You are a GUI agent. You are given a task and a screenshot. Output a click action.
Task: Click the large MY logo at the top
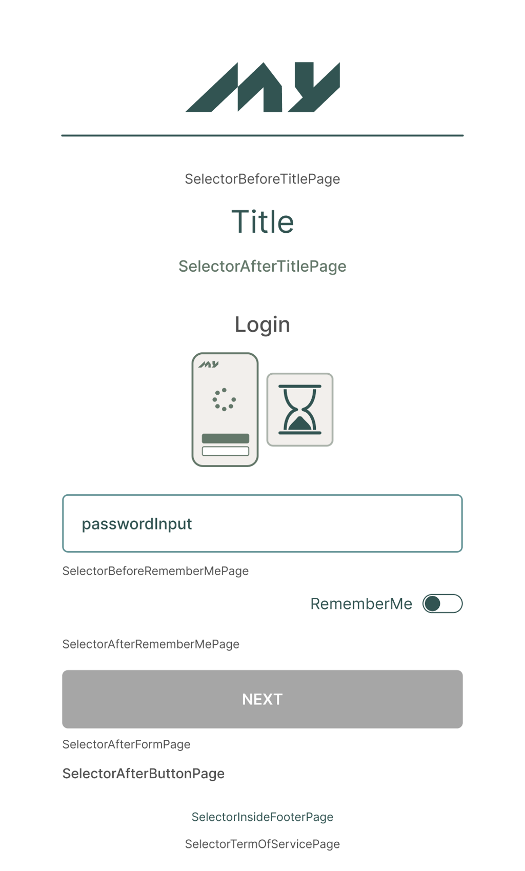click(x=262, y=87)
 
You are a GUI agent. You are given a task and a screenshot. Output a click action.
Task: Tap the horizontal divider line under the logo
click(x=262, y=135)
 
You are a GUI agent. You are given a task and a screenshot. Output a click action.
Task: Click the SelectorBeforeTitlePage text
click(x=262, y=179)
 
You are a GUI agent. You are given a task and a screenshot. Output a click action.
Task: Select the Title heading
click(x=262, y=222)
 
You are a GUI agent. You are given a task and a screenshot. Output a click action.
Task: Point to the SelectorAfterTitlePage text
click(x=262, y=266)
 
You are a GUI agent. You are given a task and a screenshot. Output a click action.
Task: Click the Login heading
click(x=262, y=325)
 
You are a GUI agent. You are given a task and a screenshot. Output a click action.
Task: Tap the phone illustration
click(x=225, y=410)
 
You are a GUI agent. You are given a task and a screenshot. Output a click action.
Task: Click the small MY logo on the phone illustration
click(x=209, y=364)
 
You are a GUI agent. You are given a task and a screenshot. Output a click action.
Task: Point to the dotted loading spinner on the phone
click(x=225, y=399)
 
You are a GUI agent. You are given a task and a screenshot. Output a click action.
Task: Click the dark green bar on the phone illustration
click(x=226, y=438)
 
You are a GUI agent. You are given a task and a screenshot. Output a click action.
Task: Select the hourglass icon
click(x=300, y=410)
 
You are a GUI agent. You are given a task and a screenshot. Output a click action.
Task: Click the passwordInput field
click(x=262, y=523)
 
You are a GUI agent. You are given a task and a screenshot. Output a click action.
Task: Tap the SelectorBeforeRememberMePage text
click(x=155, y=571)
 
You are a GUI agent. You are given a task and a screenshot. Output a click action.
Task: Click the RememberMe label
click(x=361, y=604)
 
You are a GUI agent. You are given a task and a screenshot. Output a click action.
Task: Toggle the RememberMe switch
click(x=442, y=604)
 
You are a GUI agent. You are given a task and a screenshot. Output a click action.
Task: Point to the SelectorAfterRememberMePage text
click(x=151, y=644)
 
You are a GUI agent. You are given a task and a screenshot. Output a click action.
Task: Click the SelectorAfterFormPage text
click(x=126, y=744)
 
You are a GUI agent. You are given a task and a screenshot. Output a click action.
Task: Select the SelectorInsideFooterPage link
click(x=262, y=817)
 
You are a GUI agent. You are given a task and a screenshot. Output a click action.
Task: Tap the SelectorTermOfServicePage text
click(x=262, y=844)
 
